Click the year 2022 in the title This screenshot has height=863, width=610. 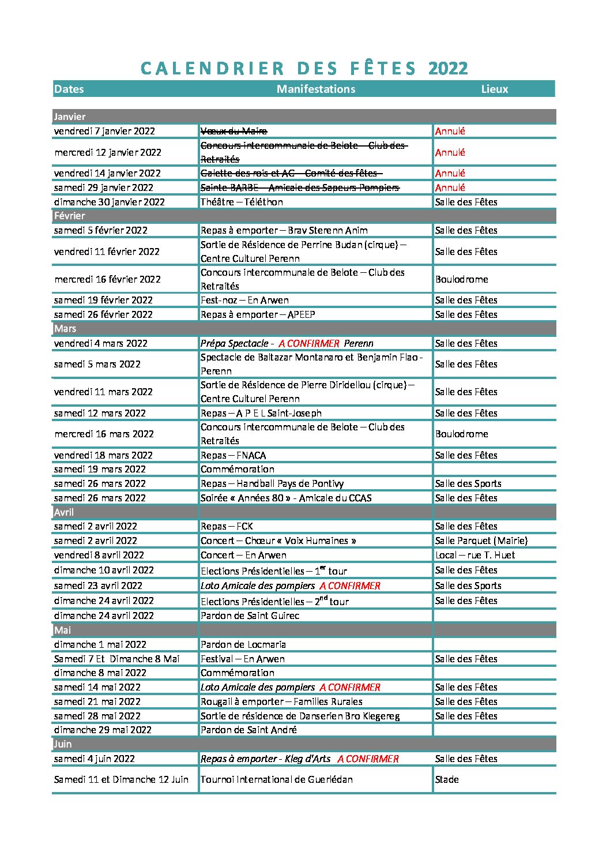[448, 68]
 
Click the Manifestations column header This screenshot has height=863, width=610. [315, 89]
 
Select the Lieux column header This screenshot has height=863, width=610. [495, 89]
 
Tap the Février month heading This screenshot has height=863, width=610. [69, 216]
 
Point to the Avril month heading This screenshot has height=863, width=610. [64, 512]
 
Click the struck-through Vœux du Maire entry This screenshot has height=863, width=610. [234, 131]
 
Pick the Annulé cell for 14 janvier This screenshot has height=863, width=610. [450, 173]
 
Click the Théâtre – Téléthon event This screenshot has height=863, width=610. [242, 202]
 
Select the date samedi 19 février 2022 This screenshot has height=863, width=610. [103, 300]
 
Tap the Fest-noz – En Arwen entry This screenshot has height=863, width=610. [244, 300]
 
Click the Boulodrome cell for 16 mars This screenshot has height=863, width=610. [461, 434]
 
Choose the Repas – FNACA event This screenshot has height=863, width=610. [233, 455]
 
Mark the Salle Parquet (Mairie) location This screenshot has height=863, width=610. [481, 541]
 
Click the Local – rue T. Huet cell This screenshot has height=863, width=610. [475, 555]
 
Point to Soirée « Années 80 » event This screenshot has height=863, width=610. [286, 498]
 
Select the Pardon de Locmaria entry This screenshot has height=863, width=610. [243, 644]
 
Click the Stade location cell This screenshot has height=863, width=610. [447, 779]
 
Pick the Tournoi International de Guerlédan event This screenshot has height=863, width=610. [276, 779]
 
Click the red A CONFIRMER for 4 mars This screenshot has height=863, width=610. [309, 343]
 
